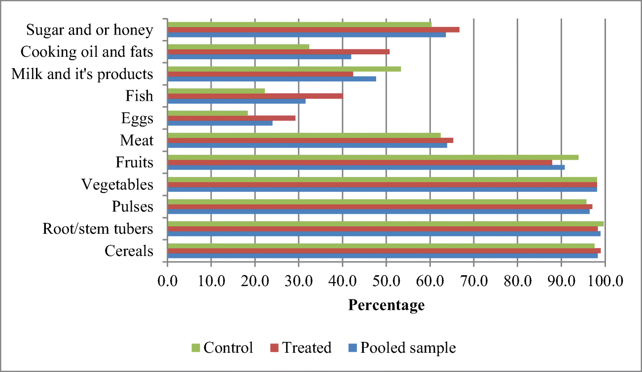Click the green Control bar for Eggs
208,113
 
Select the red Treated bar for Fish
255,96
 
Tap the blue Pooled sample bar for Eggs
220,123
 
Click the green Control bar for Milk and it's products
284,69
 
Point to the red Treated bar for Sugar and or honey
314,30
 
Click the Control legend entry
222,347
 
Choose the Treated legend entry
301,347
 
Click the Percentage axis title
386,305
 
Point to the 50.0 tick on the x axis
386,281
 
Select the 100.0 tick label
605,281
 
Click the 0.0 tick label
168,281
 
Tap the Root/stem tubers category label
98,229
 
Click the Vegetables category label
117,185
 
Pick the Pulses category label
133,206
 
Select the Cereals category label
129,251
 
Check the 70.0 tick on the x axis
473,281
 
